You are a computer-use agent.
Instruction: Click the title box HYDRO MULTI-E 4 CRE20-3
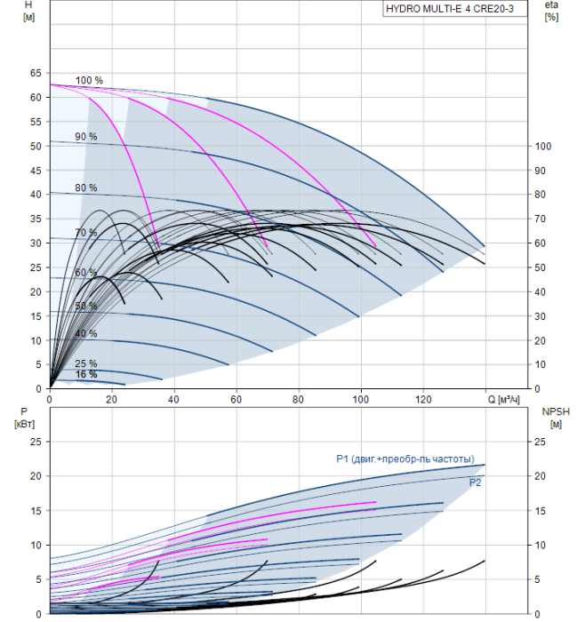point(455,9)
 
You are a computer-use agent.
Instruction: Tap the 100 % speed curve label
point(89,80)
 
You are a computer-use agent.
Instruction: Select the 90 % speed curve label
point(85,137)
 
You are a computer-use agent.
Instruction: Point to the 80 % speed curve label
point(85,187)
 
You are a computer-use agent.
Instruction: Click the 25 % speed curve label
point(85,363)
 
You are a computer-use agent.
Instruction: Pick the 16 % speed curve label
point(85,374)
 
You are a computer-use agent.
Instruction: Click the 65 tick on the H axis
point(36,73)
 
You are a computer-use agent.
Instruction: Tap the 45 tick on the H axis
point(36,171)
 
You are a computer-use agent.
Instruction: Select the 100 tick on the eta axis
point(543,147)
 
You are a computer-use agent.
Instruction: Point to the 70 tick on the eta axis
point(540,219)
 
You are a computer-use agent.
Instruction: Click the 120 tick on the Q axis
point(423,399)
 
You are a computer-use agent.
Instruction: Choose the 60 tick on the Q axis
point(236,399)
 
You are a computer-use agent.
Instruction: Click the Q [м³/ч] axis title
point(503,399)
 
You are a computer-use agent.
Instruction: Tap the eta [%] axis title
point(551,11)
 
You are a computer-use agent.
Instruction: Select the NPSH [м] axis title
point(556,418)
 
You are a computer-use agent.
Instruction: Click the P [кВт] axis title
point(24,418)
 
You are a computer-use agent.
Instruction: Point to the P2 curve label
point(475,482)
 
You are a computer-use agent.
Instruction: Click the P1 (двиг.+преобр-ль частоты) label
point(405,459)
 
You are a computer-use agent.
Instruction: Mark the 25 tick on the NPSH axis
point(540,442)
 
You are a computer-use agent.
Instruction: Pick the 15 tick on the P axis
point(36,511)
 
